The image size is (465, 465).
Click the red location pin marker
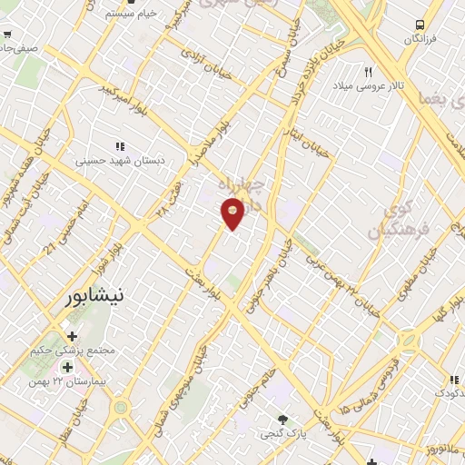pyautogui.click(x=232, y=213)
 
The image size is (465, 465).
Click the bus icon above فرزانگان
pyautogui.click(x=420, y=25)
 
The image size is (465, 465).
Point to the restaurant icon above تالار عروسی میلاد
pyautogui.click(x=368, y=71)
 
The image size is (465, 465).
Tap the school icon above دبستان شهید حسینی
pyautogui.click(x=119, y=145)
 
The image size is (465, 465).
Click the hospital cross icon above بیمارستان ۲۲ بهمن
pyautogui.click(x=66, y=368)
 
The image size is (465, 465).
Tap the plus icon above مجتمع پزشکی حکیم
pyautogui.click(x=72, y=336)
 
